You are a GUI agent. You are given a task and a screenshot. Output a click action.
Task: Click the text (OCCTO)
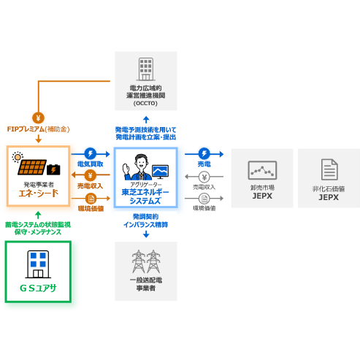pyautogui.click(x=145, y=103)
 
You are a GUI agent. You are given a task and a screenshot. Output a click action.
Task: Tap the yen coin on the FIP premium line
pyautogui.click(x=38, y=117)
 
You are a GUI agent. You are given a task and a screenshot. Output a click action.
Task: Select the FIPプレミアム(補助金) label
pyautogui.click(x=38, y=129)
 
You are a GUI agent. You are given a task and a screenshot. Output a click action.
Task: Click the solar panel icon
pyautogui.click(x=32, y=167)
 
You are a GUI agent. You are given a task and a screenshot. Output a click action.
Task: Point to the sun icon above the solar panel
pyautogui.click(x=18, y=156)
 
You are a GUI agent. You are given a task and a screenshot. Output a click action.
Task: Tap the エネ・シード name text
pyautogui.click(x=38, y=194)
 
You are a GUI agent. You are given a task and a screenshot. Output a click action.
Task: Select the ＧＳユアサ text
pyautogui.click(x=38, y=287)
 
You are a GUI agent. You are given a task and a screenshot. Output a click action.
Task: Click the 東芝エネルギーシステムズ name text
pyautogui.click(x=145, y=196)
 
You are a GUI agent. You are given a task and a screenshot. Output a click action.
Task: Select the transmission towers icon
pyautogui.click(x=145, y=261)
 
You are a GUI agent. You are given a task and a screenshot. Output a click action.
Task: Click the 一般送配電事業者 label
pyautogui.click(x=145, y=284)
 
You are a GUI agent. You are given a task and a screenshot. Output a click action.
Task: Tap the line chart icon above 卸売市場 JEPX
pyautogui.click(x=262, y=170)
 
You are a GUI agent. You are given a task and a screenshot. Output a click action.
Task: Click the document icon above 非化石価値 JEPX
pyautogui.click(x=329, y=169)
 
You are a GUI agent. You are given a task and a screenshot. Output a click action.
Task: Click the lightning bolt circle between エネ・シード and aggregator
pyautogui.click(x=90, y=153)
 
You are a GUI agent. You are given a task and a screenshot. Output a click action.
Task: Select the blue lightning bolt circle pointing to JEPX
pyautogui.click(x=204, y=153)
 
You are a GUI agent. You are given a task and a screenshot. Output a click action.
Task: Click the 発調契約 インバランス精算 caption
pyautogui.click(x=145, y=221)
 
